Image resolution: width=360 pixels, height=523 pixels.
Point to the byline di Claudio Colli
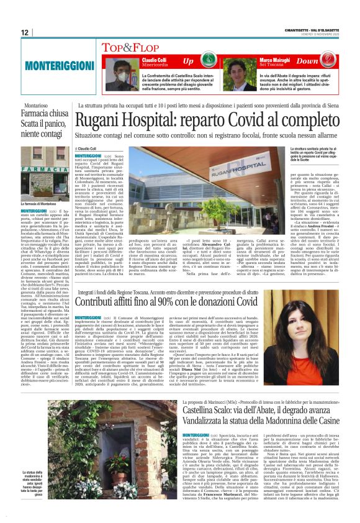[90, 149]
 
